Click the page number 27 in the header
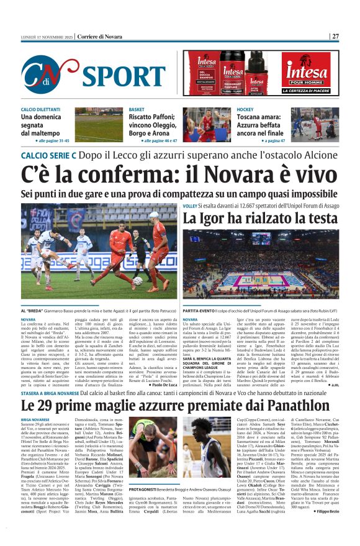click(335, 35)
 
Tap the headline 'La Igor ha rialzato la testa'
click(260, 218)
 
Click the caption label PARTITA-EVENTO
click(200, 309)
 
